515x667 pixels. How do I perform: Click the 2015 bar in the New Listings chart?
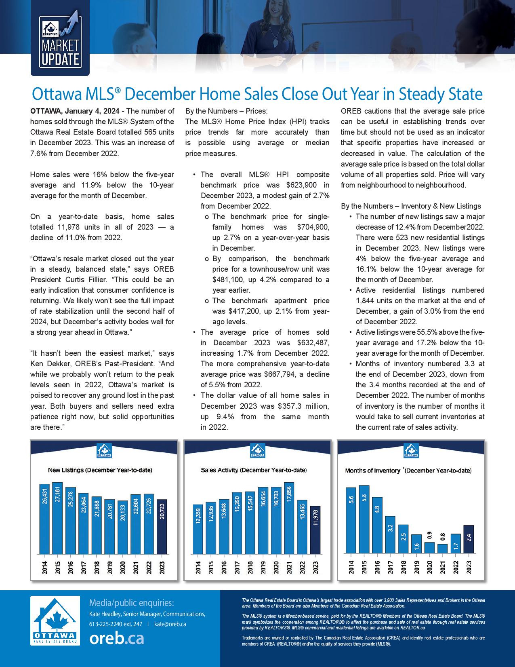point(58,518)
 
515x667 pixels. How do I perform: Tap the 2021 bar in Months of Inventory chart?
point(442,549)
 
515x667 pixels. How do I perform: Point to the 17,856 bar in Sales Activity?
point(289,518)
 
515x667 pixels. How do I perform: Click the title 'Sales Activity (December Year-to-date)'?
point(254,470)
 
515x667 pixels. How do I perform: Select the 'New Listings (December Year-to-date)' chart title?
point(100,470)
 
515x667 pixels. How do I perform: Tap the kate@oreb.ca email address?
point(170,624)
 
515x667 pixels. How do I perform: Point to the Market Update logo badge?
point(60,44)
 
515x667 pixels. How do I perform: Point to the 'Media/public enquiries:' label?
point(131,603)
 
